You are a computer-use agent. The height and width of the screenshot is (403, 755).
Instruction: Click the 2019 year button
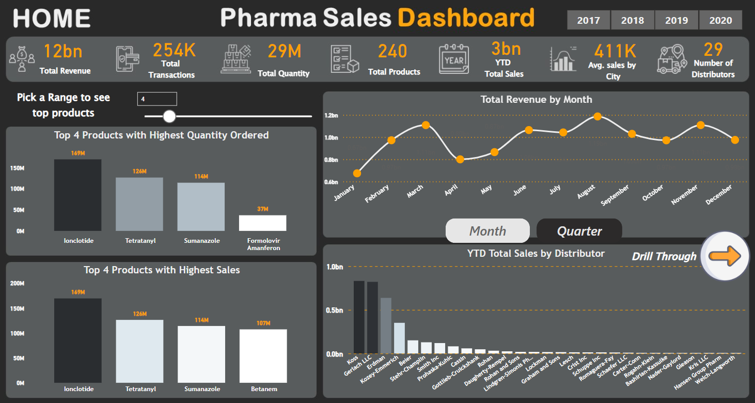[677, 21]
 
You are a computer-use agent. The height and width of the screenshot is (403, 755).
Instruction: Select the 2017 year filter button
[588, 21]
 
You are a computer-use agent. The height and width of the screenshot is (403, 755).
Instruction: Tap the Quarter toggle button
[579, 231]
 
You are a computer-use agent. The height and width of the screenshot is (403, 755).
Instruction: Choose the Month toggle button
[487, 231]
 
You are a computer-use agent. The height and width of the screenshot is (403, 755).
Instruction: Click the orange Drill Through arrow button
[725, 256]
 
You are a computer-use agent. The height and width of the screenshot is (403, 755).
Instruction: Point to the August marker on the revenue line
[597, 116]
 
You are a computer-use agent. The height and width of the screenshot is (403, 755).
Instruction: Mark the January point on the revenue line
[357, 173]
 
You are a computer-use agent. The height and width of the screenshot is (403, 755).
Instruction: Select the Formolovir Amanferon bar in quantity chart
[263, 223]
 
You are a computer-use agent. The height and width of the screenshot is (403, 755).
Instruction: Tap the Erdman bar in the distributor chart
[386, 326]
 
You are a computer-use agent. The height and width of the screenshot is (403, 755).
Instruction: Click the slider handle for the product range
[169, 116]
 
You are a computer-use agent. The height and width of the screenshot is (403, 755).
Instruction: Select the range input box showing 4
[157, 99]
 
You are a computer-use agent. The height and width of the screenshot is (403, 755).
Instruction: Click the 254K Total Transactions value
[175, 50]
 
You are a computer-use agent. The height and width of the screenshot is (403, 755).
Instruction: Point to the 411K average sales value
[615, 51]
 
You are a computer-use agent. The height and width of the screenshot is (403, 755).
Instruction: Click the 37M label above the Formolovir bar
[263, 209]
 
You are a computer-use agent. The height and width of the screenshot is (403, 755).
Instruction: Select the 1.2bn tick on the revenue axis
[331, 115]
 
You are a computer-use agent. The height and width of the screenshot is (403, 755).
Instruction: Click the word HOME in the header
[52, 19]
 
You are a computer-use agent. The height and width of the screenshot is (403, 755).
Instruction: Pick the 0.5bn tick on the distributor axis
[335, 310]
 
